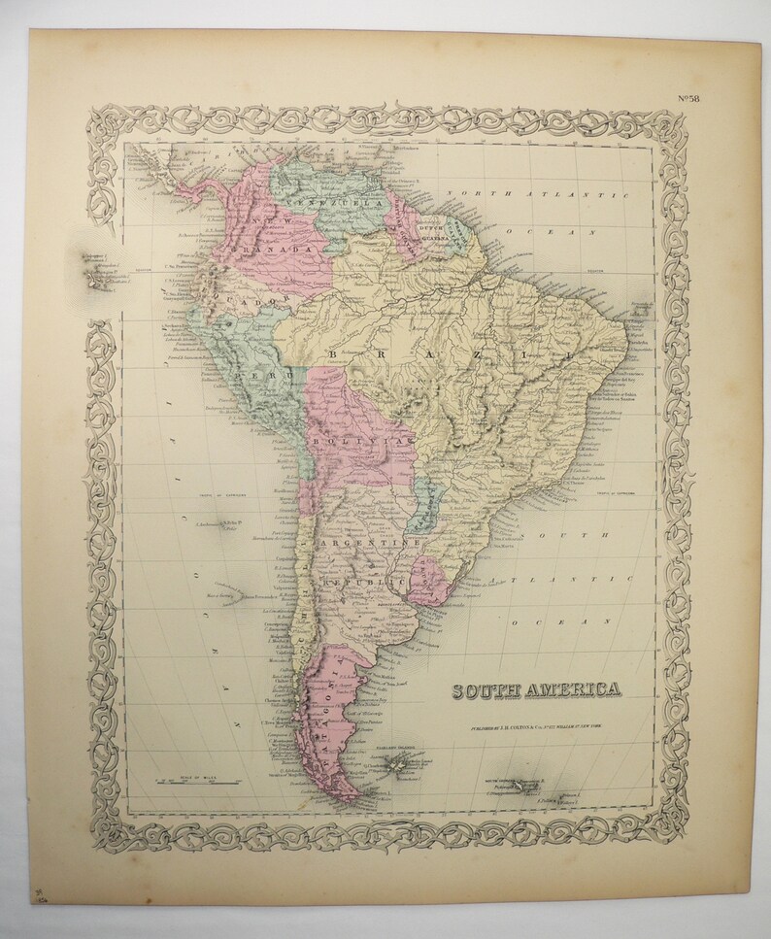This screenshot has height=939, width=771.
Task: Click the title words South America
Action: click(535, 690)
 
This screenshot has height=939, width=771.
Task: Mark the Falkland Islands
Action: click(395, 768)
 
